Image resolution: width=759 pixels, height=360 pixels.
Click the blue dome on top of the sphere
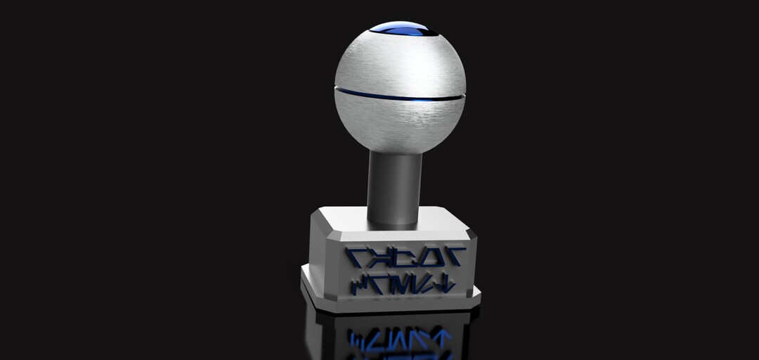point(401,28)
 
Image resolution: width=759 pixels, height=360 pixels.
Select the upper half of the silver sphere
point(398,63)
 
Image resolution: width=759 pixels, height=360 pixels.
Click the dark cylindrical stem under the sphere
point(394,186)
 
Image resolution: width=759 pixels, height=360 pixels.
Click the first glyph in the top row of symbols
point(360,257)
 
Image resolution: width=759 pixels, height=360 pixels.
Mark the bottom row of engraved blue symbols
point(403,284)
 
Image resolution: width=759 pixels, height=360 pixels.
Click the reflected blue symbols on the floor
point(401,338)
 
